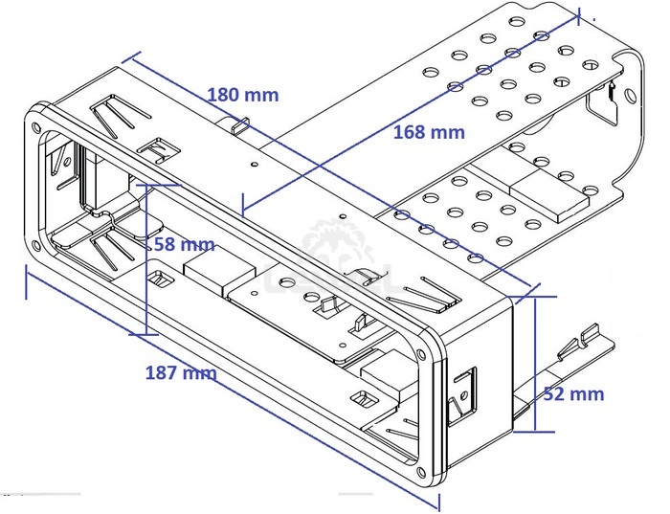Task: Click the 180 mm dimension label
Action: click(243, 95)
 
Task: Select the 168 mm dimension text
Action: click(429, 133)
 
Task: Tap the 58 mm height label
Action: click(176, 244)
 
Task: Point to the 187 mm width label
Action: click(180, 372)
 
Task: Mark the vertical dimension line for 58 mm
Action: click(146, 258)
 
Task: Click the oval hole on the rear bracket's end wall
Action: click(629, 96)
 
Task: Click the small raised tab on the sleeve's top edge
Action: click(241, 124)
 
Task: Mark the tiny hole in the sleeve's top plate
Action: click(253, 164)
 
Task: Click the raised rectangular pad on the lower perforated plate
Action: click(548, 194)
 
